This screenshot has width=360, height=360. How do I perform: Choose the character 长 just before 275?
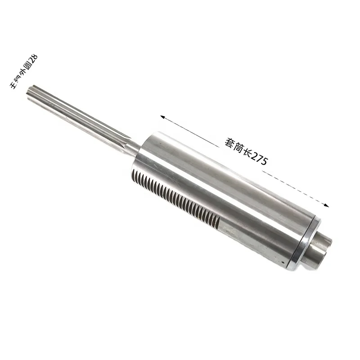click(246, 152)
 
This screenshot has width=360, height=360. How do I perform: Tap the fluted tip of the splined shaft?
click(31, 90)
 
